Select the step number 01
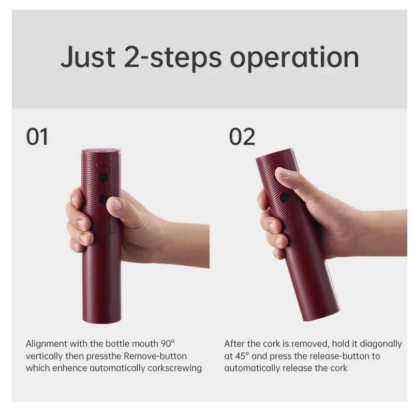click(x=37, y=137)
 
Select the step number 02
click(x=242, y=137)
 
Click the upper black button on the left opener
click(x=103, y=178)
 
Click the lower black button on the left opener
click(x=103, y=199)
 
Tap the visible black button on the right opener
click(x=284, y=197)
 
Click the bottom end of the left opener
click(x=101, y=319)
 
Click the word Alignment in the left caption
click(x=45, y=344)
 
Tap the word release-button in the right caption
click(x=342, y=356)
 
